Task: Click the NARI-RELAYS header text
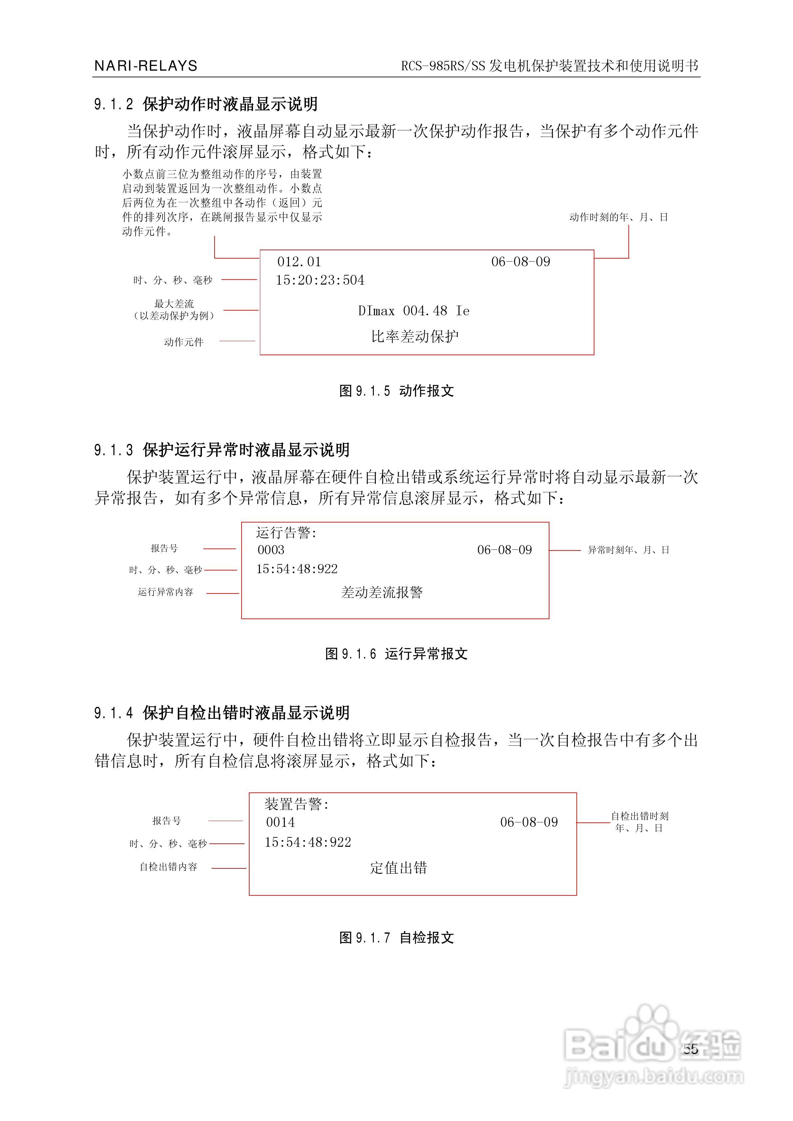146,66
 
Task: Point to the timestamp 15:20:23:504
320,280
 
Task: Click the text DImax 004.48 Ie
413,311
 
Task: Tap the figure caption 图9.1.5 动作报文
396,391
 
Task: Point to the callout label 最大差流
174,304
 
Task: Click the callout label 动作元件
184,342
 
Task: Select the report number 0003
271,550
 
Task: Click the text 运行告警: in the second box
286,533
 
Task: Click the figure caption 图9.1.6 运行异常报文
396,654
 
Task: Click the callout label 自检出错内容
169,867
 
